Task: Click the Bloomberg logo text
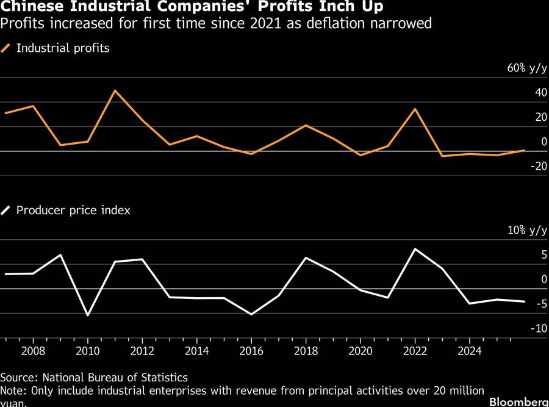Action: click(x=518, y=402)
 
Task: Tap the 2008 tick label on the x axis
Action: click(x=33, y=351)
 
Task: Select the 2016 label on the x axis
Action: click(x=251, y=351)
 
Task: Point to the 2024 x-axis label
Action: click(x=470, y=351)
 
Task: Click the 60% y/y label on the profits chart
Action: click(x=527, y=68)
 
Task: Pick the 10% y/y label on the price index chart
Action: click(x=527, y=230)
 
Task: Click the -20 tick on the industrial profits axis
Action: click(x=539, y=166)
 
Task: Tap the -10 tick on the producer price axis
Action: click(x=539, y=328)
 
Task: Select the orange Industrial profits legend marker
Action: click(x=6, y=48)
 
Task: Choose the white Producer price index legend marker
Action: click(x=6, y=211)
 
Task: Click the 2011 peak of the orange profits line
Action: click(x=115, y=90)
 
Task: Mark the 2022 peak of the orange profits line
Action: click(x=415, y=109)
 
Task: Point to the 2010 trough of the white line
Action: click(x=88, y=315)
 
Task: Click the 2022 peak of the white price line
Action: click(x=415, y=249)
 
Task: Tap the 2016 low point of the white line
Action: click(x=251, y=314)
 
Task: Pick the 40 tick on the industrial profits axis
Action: click(x=540, y=93)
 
